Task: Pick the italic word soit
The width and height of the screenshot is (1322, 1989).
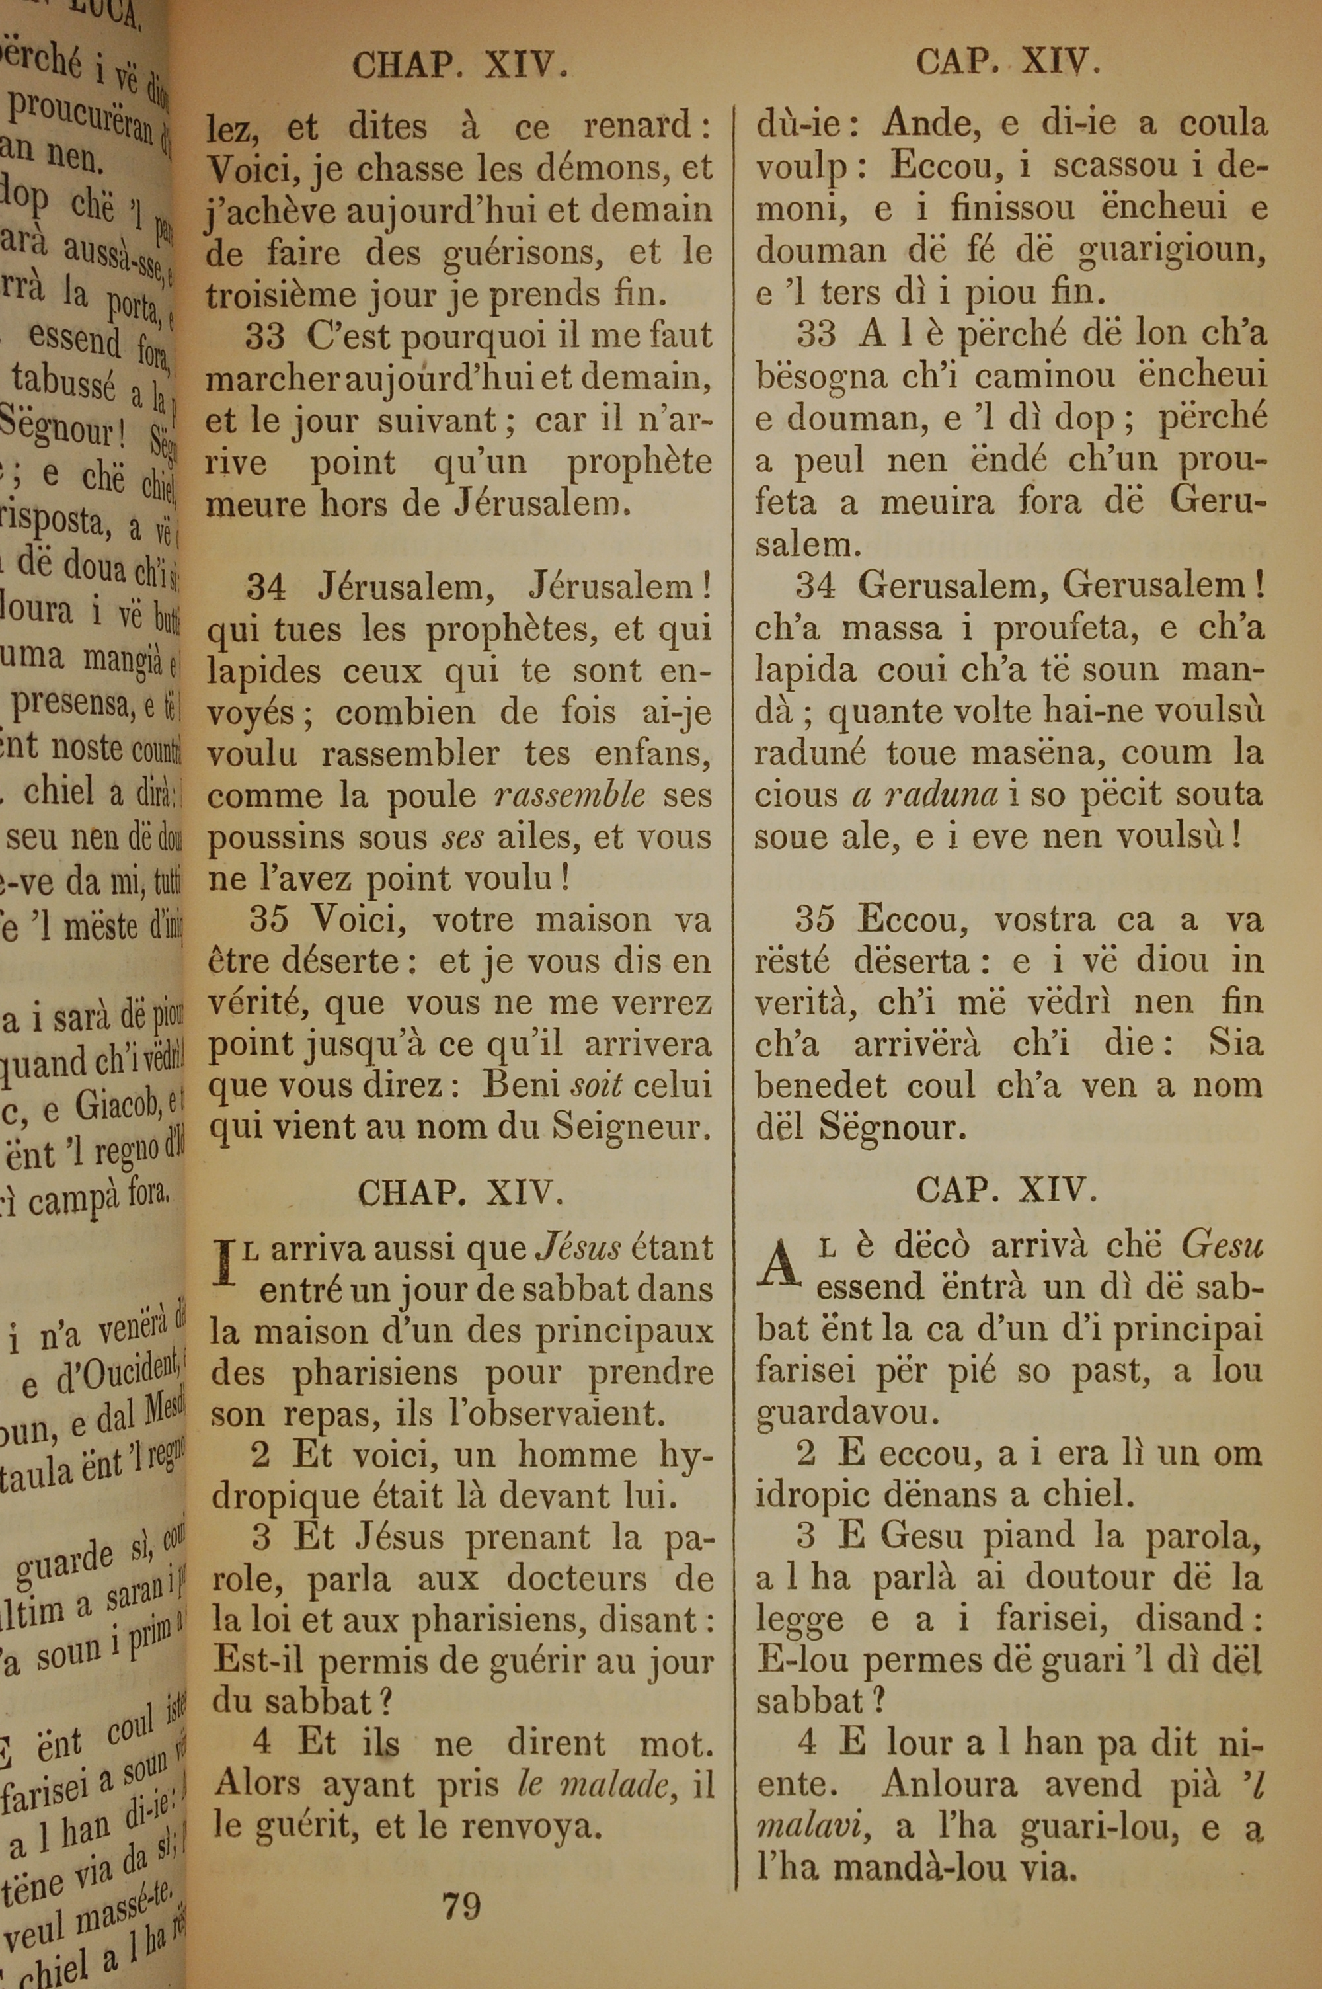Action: (x=596, y=1085)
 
